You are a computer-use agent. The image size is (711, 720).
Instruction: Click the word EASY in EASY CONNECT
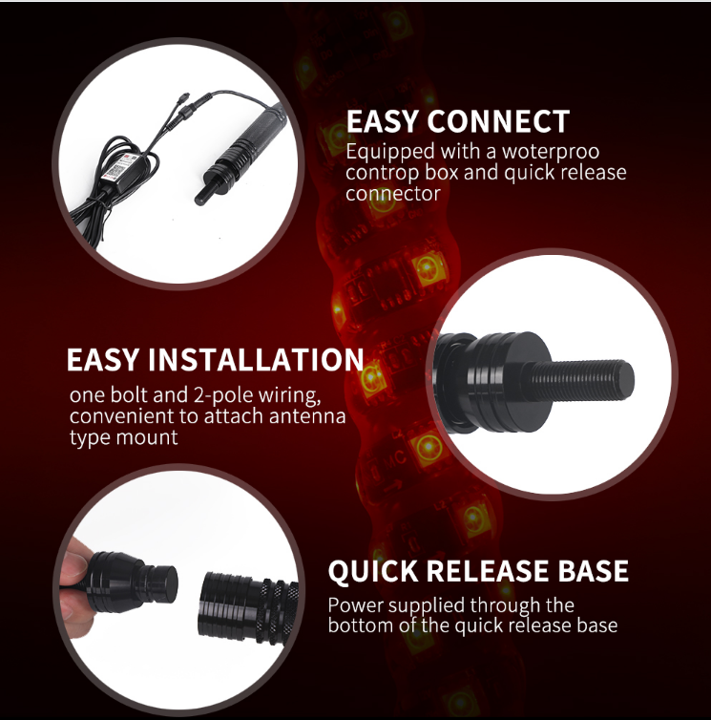click(x=383, y=122)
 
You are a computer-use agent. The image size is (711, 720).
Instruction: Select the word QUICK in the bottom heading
click(x=375, y=572)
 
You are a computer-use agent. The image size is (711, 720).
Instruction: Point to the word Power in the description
click(x=355, y=605)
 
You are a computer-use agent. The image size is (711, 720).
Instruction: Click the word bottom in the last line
click(x=360, y=626)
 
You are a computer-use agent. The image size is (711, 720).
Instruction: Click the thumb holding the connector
click(x=72, y=573)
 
